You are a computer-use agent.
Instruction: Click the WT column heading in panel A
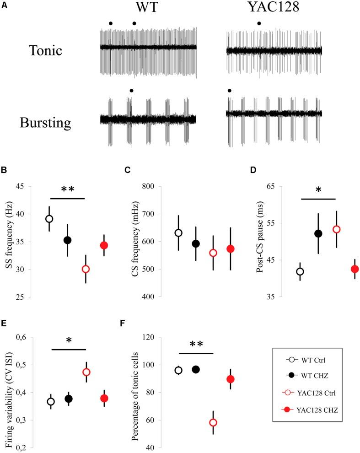click(148, 10)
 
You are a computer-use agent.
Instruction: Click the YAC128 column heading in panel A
click(274, 10)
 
